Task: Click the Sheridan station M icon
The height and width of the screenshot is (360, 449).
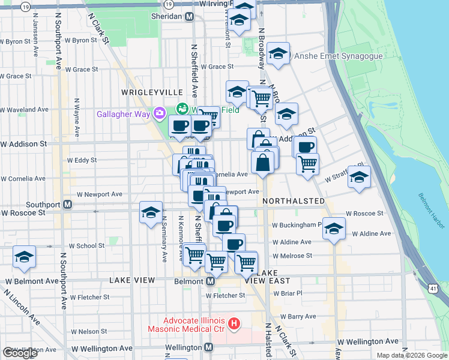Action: click(x=189, y=17)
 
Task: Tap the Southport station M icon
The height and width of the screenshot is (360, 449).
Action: click(x=68, y=204)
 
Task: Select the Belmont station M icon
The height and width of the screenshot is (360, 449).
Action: click(x=210, y=281)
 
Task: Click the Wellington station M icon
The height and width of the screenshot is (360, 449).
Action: click(x=208, y=347)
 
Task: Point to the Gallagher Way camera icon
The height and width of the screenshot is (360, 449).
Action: click(x=159, y=113)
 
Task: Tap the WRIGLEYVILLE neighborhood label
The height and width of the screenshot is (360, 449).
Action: click(x=152, y=92)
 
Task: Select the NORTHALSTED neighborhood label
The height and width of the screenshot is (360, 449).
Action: click(x=294, y=201)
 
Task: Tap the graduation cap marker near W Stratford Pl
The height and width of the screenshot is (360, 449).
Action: click(x=359, y=176)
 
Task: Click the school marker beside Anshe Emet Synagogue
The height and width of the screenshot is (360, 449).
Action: click(x=278, y=53)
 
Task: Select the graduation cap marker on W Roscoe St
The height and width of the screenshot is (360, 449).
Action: click(x=151, y=211)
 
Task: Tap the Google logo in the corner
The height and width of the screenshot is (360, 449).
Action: click(x=20, y=352)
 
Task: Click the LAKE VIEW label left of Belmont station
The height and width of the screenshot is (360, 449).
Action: click(x=132, y=280)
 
